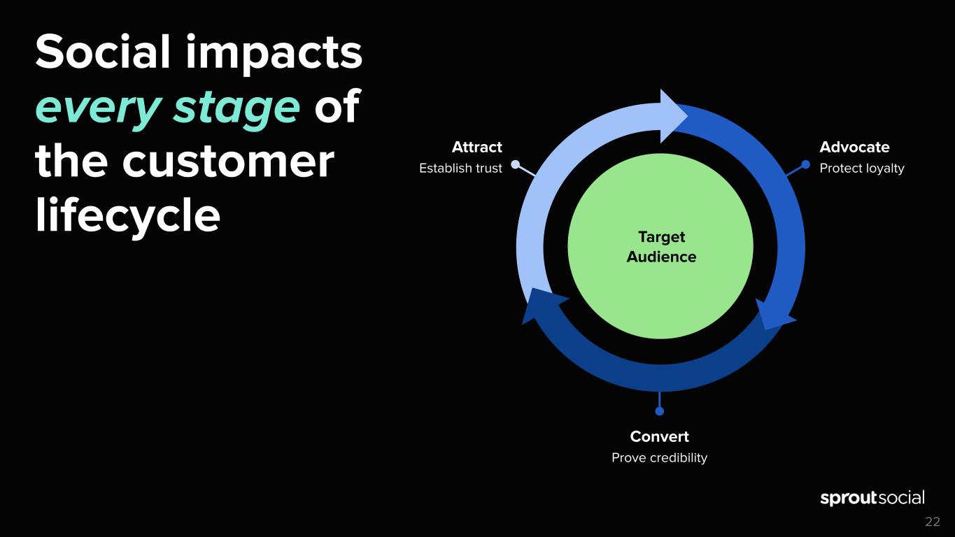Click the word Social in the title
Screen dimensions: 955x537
103,52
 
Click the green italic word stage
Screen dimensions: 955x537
236,108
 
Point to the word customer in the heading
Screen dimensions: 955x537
228,162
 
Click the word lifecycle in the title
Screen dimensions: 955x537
127,215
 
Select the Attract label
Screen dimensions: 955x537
477,147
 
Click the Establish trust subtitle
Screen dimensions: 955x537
460,169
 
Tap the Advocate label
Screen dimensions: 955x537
854,147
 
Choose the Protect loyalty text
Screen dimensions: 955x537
862,169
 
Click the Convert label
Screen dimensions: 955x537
660,436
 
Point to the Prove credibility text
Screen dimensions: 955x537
660,458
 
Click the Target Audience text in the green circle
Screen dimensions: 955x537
661,247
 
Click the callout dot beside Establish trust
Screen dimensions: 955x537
516,164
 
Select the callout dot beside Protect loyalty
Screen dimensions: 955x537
805,164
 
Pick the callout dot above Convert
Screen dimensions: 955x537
660,411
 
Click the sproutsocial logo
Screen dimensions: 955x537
872,498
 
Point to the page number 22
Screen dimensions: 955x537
933,522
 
